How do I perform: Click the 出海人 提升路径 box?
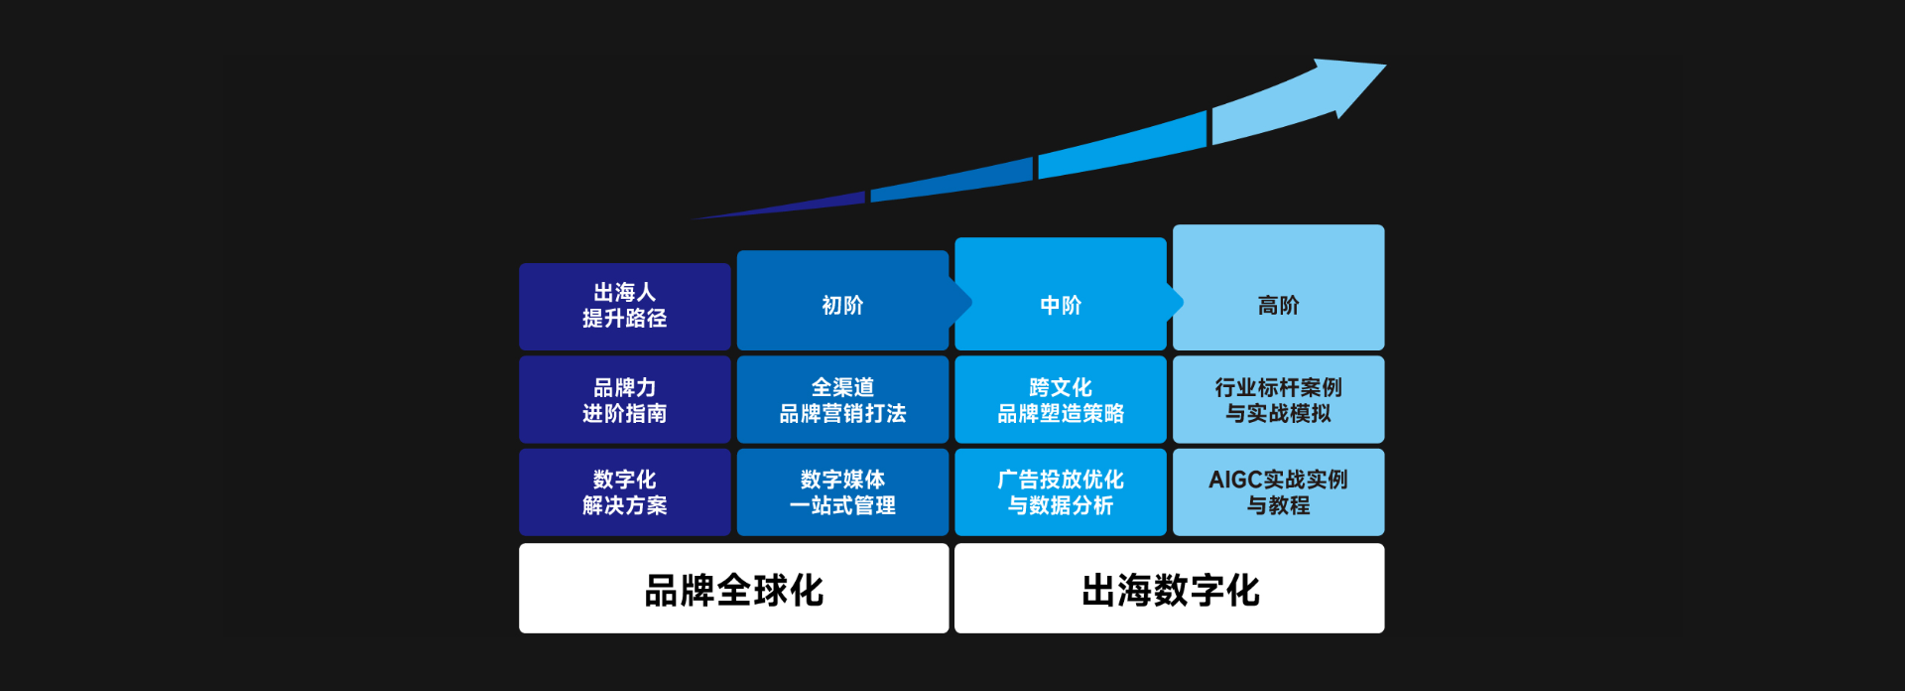624,306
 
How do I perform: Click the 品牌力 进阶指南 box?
624,400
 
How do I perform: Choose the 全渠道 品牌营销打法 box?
842,400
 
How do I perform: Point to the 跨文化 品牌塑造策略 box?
1060,400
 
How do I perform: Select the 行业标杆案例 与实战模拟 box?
1278,400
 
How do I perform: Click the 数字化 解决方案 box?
624,492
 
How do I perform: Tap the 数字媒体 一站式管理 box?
842,492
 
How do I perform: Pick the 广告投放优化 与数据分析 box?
1060,492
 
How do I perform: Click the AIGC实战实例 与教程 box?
1278,492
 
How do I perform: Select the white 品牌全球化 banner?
733,589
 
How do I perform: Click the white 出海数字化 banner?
1169,589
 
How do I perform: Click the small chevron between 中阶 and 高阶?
1177,301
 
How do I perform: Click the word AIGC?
1234,480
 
